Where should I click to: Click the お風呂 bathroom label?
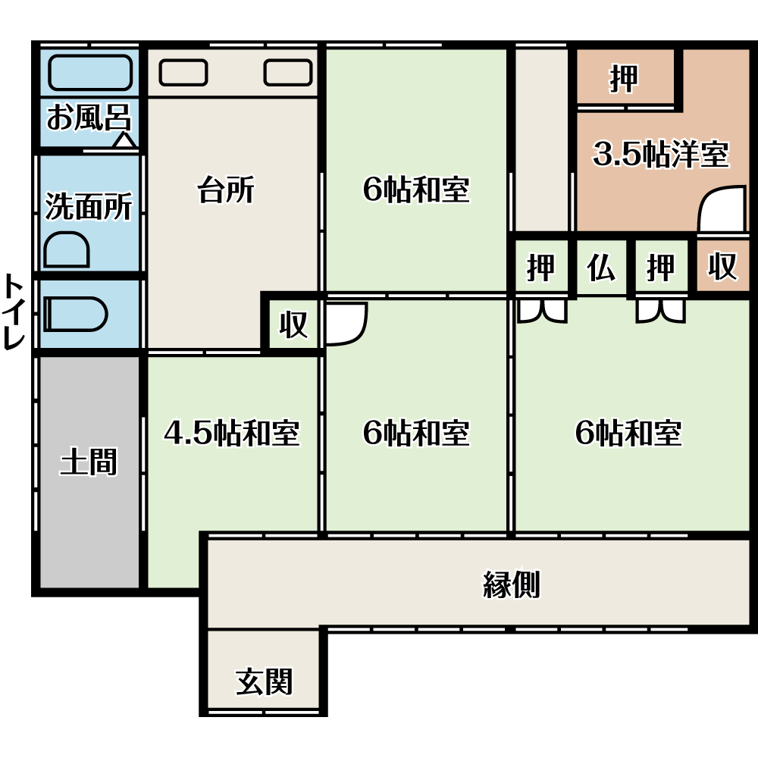[89, 117]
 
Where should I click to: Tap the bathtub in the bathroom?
[90, 73]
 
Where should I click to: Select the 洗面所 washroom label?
[89, 206]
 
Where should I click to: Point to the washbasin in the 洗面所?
[67, 250]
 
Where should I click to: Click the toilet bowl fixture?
[75, 315]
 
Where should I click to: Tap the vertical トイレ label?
[14, 312]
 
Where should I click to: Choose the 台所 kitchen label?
[226, 189]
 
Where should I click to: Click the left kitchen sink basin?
[183, 73]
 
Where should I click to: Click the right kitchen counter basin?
[288, 73]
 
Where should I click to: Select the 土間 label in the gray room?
[89, 462]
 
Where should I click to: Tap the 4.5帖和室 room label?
[232, 433]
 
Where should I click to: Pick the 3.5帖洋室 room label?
[661, 154]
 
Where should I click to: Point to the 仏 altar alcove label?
[601, 268]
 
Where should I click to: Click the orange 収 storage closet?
[722, 266]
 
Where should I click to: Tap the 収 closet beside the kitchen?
[293, 324]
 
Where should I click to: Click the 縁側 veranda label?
[512, 584]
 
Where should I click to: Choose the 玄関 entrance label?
[264, 681]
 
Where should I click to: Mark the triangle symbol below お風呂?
[124, 141]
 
